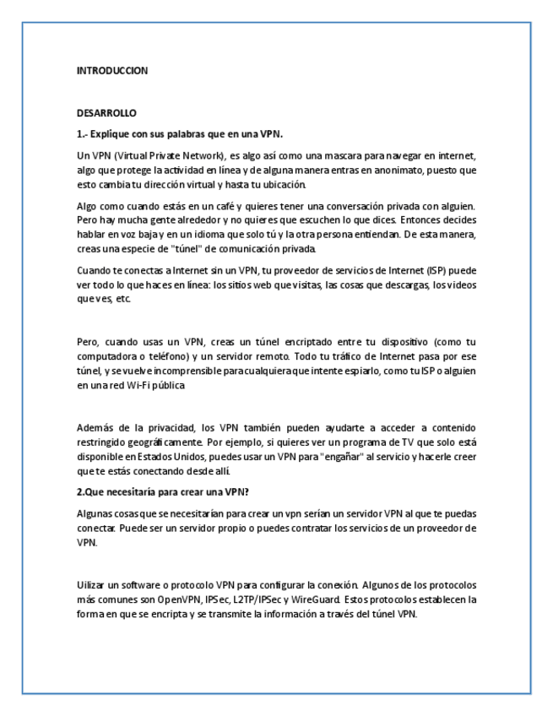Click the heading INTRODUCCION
click(111, 72)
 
